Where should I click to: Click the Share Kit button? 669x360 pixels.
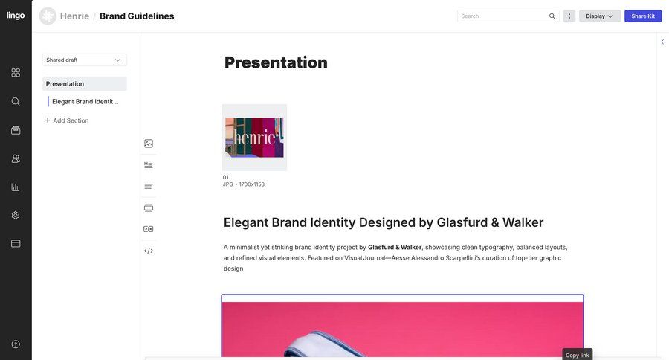(x=643, y=16)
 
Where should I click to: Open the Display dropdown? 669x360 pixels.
(x=599, y=16)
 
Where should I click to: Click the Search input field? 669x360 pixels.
(x=503, y=16)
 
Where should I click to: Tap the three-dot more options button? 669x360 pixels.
(x=569, y=16)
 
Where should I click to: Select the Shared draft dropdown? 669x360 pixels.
(x=84, y=60)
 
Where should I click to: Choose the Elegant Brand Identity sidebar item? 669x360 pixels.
(x=85, y=101)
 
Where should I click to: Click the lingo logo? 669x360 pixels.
(x=16, y=16)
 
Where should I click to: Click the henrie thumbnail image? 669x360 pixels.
(x=254, y=138)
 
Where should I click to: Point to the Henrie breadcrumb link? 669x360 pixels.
(x=74, y=16)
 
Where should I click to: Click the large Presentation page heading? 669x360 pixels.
(x=276, y=62)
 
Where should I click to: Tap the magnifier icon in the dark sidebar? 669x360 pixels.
(x=16, y=101)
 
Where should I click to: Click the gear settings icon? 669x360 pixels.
(x=16, y=215)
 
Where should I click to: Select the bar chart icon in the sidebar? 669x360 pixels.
(x=16, y=187)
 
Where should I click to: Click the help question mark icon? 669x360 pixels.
(x=16, y=344)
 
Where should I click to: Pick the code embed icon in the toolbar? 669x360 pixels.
(x=149, y=251)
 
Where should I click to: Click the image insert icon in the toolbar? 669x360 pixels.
(x=149, y=144)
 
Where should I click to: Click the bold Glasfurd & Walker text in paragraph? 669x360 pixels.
(x=395, y=247)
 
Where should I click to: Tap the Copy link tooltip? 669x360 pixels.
(x=578, y=355)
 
